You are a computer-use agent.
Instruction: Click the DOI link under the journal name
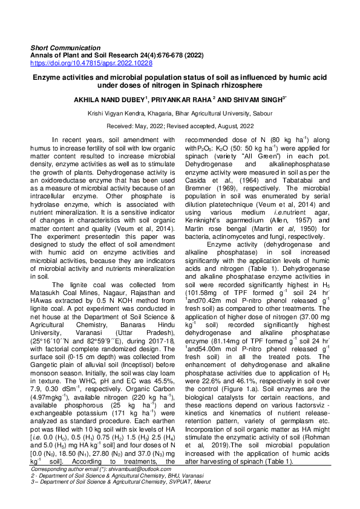point(91,62)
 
